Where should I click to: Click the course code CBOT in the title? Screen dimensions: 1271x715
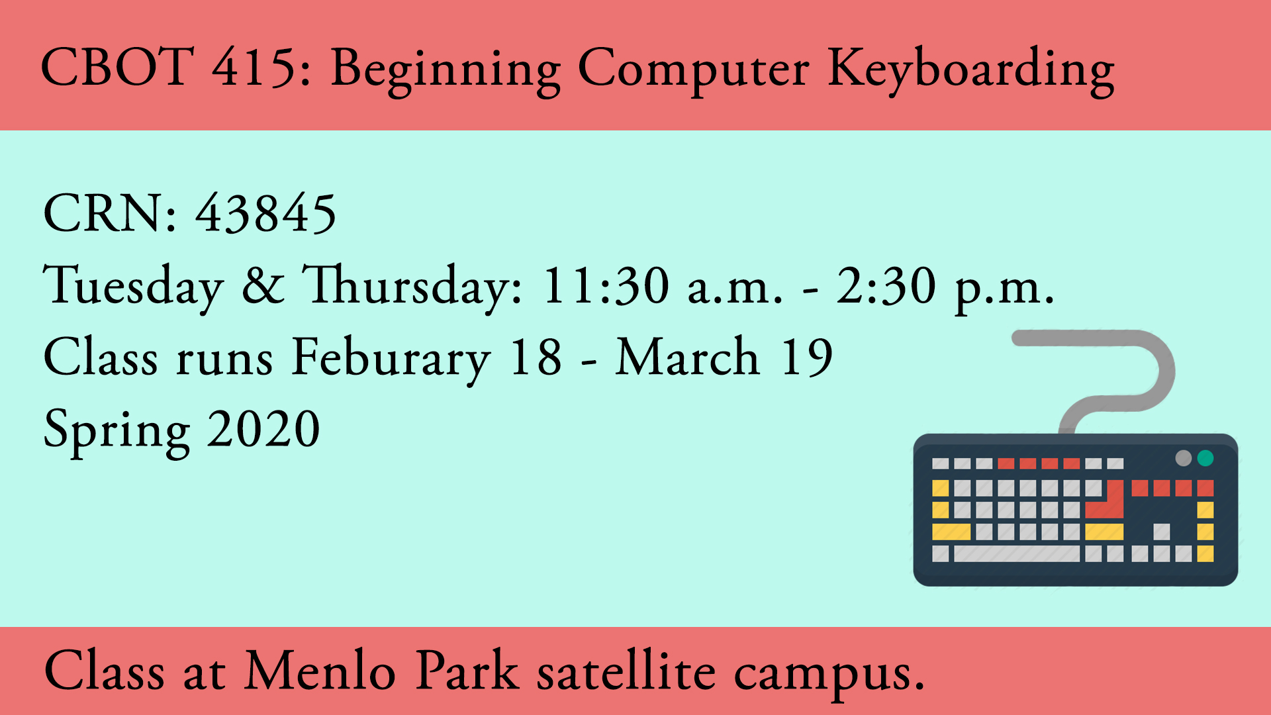tap(118, 67)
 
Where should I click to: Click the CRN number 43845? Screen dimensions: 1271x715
tap(266, 213)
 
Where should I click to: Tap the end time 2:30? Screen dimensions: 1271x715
tap(886, 285)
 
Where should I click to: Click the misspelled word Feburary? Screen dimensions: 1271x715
tap(391, 359)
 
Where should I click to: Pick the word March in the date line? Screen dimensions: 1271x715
tap(688, 357)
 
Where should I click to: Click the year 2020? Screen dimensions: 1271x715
tap(264, 429)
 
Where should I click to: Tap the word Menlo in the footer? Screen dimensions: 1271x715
tap(320, 671)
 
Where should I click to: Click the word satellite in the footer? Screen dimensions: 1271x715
tap(626, 671)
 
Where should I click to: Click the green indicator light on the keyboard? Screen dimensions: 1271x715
tap(1205, 457)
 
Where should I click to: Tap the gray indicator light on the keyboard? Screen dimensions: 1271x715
tap(1184, 457)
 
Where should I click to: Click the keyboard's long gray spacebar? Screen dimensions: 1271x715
tap(1016, 553)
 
